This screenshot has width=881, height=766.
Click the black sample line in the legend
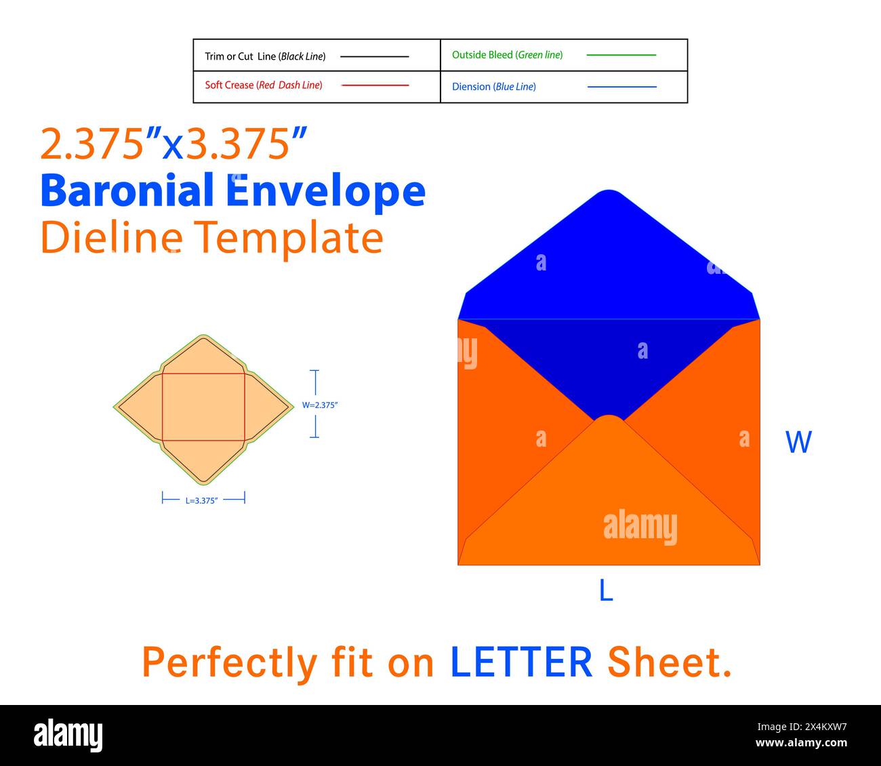point(374,56)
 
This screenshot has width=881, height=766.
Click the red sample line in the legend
point(375,85)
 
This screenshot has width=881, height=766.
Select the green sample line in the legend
point(621,55)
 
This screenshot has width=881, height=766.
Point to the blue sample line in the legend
point(621,87)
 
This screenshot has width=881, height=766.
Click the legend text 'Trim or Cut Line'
point(241,56)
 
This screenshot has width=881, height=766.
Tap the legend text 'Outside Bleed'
point(483,55)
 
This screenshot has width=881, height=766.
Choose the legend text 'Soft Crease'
point(229,85)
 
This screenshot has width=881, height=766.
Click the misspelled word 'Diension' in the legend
point(471,87)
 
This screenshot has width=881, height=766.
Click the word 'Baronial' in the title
point(127,190)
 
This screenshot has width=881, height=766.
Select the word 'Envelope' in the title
point(325,193)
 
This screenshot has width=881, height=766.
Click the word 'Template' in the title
point(289,239)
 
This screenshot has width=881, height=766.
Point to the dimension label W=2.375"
point(319,405)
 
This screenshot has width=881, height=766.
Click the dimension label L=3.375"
point(201,500)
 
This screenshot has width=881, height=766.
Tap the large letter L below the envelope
point(606,590)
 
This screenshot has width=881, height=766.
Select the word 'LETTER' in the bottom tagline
point(521,662)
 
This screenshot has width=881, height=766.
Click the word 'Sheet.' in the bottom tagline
point(669,662)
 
